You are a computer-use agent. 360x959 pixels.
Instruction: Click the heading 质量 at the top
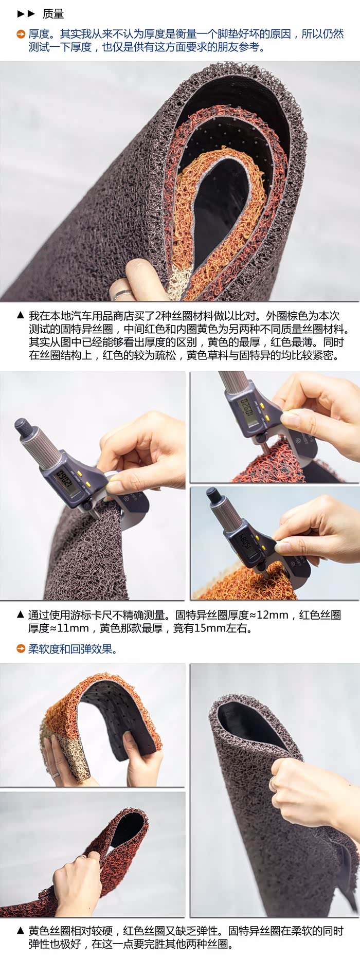tap(53, 14)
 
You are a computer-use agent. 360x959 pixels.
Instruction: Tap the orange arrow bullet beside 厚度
tap(21, 34)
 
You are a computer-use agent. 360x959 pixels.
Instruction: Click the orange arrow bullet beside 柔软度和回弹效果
tap(21, 649)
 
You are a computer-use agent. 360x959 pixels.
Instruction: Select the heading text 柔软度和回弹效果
tap(73, 649)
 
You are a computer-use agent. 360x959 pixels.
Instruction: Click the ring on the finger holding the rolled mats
tap(122, 294)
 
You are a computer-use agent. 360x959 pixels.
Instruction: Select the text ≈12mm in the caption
tap(273, 615)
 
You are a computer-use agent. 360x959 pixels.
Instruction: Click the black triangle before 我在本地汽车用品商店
tap(21, 315)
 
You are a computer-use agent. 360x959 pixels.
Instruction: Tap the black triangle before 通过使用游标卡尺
tap(21, 614)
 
